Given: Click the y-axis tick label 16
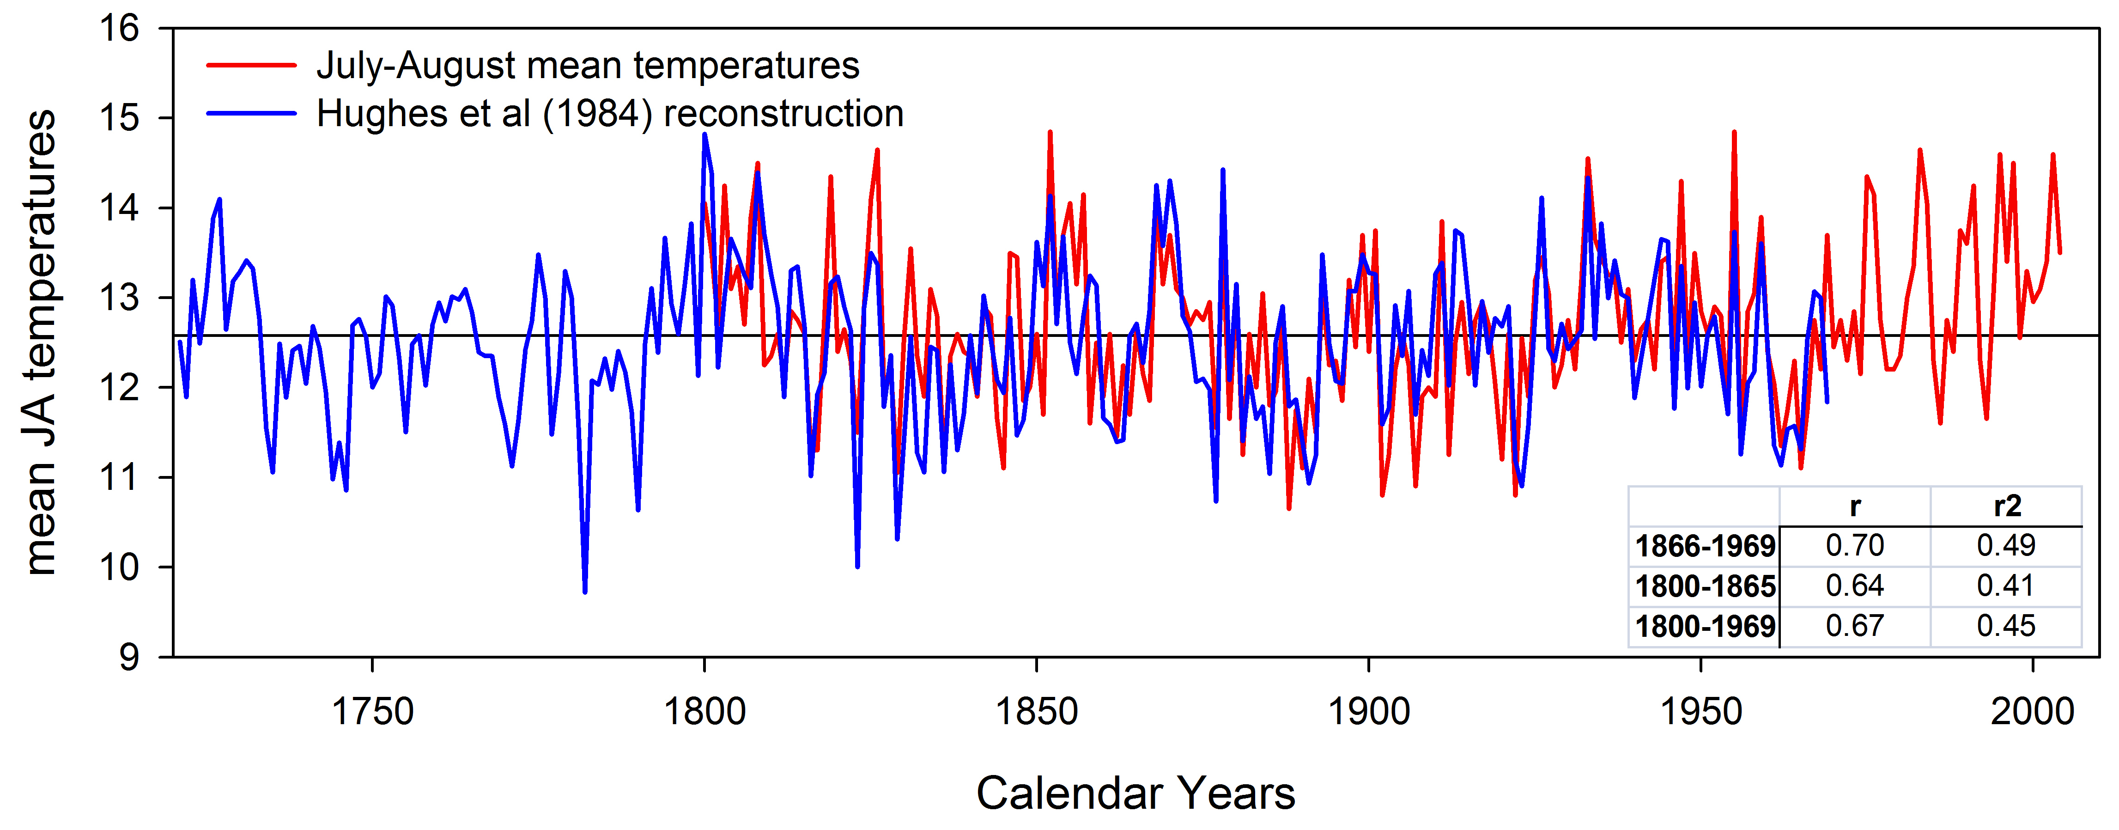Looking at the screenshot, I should [120, 29].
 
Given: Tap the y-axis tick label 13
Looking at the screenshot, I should [120, 298].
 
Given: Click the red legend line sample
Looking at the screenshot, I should [251, 65].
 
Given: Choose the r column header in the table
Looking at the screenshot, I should [1855, 506].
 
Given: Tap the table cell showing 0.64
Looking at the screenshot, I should [1855, 586].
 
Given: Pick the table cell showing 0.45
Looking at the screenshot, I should [2006, 626].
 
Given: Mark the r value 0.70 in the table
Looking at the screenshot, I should [1855, 545].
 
